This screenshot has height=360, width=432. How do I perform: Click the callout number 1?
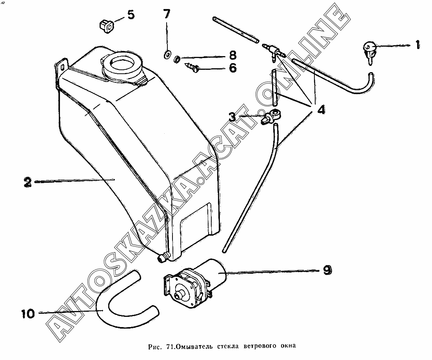point(417,45)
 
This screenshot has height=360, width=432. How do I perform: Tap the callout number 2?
point(27,182)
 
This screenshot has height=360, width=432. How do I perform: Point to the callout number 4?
point(321,109)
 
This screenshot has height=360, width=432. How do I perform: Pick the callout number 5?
point(130,15)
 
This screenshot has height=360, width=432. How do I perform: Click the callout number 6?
point(232,68)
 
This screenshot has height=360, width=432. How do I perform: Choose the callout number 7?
point(167,15)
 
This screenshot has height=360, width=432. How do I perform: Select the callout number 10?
point(29,313)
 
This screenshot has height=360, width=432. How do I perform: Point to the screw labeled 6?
point(192,67)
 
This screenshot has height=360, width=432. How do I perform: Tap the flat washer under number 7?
point(168,54)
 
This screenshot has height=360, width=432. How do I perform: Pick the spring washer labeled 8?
point(177,60)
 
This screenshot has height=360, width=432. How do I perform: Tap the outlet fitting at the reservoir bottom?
point(162,259)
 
